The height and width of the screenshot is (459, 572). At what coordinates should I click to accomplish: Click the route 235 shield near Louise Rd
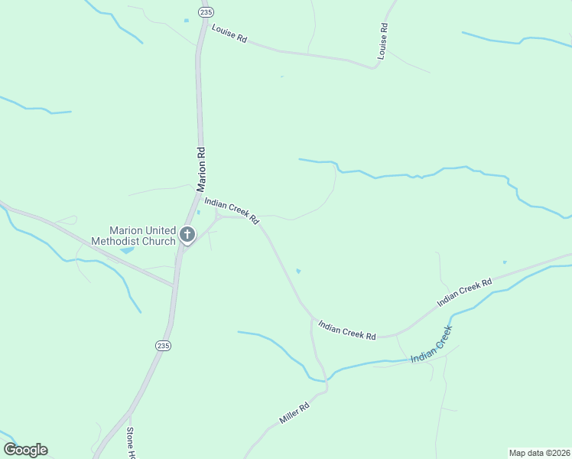click(205, 12)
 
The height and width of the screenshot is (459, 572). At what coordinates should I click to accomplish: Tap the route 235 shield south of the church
click(163, 346)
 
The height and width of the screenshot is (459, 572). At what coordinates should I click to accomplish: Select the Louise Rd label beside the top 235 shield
click(229, 37)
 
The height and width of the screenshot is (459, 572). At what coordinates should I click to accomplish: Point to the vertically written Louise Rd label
click(383, 41)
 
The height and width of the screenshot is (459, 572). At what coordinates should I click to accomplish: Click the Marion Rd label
click(202, 169)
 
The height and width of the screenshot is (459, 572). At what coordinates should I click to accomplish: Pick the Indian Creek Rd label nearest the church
click(231, 209)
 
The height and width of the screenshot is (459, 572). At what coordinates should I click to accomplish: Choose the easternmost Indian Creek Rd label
click(463, 294)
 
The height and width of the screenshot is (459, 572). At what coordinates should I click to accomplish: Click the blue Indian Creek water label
click(431, 345)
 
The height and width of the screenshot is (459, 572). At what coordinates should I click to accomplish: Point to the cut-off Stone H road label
click(131, 441)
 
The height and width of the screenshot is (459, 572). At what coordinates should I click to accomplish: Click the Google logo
click(25, 450)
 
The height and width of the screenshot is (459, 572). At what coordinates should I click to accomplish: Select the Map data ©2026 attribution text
click(539, 452)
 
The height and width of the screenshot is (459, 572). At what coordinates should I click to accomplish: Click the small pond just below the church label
click(127, 250)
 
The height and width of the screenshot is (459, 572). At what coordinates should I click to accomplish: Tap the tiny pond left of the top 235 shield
click(186, 20)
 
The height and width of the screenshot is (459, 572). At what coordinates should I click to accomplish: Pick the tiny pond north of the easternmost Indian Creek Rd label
click(505, 262)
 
